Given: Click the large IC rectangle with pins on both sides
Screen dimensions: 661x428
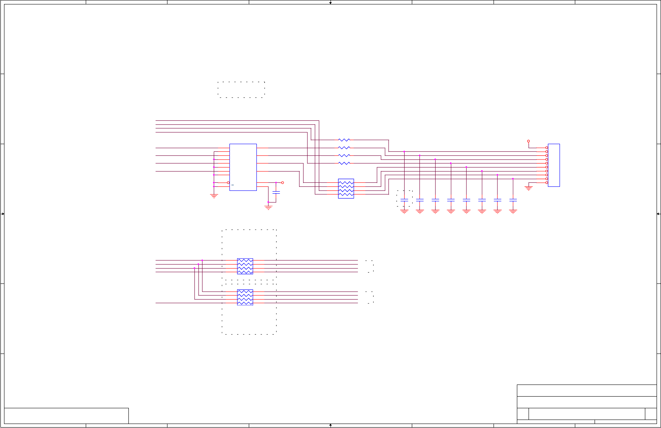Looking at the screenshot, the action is tap(243, 167).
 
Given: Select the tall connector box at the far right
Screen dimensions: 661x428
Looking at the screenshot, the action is tap(554, 165).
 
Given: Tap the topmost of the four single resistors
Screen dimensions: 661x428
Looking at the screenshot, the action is tap(344, 140).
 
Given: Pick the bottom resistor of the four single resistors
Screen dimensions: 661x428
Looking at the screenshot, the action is tap(344, 163).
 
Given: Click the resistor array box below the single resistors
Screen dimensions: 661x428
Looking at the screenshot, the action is tap(346, 188).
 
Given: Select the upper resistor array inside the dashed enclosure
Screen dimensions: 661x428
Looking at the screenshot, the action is tap(245, 266).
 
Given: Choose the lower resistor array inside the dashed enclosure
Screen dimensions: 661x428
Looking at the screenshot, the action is tap(245, 297).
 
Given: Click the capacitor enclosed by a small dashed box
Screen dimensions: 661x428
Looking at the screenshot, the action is tap(404, 200).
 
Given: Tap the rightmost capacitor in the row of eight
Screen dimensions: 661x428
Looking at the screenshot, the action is tap(513, 200).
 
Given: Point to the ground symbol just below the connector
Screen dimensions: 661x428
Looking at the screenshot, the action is tap(529, 188).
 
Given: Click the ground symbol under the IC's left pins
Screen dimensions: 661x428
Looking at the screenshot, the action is tap(214, 196).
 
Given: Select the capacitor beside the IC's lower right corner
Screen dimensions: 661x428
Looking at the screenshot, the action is tap(276, 192).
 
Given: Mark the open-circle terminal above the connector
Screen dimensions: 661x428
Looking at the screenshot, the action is tap(529, 141).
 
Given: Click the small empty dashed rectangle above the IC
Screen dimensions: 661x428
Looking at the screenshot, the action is tap(241, 89).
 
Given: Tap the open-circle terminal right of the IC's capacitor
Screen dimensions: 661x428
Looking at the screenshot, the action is tap(283, 183).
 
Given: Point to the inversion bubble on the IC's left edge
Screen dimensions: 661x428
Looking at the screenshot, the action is tap(228, 183).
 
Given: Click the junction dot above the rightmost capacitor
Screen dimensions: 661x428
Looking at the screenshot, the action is tap(513, 179).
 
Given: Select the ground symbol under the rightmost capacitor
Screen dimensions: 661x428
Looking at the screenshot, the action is tap(513, 211).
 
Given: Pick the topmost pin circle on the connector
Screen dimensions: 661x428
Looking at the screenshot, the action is tap(547, 148).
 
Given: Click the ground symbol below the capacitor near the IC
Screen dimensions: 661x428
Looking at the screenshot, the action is tap(268, 208).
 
